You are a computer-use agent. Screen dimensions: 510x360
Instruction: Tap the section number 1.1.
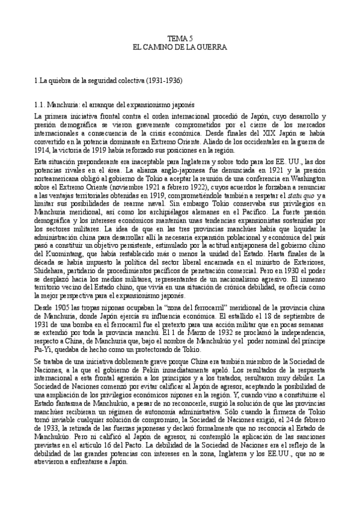coord(25,104)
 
